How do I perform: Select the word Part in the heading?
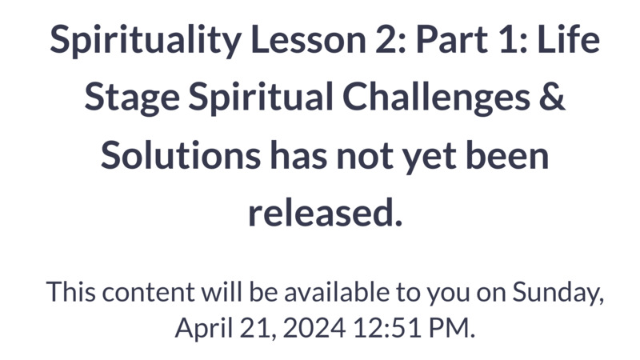451,39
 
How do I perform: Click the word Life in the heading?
569,38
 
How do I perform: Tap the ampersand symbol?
552,97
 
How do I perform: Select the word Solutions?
181,155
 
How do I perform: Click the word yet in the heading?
429,158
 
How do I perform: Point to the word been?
507,155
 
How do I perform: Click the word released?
326,213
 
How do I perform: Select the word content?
148,293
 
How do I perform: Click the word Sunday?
558,294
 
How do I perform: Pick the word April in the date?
204,329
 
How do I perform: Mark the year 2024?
314,328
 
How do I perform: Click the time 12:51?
387,328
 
